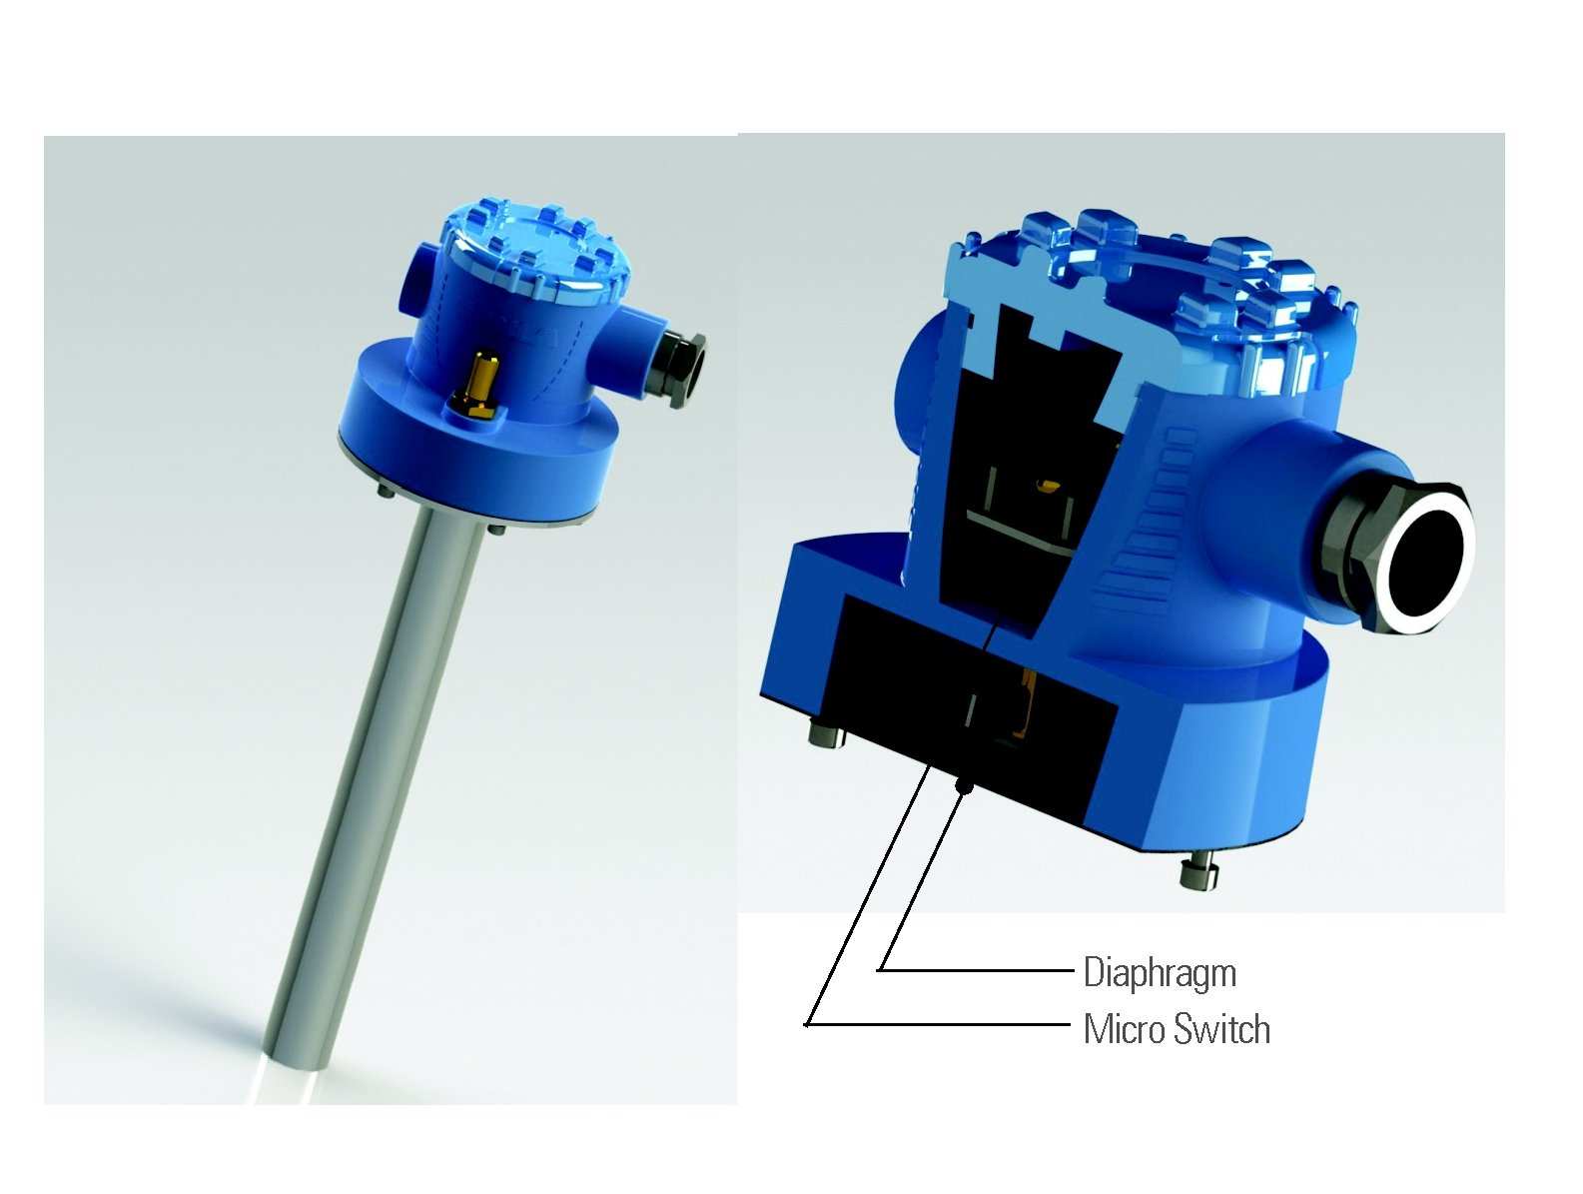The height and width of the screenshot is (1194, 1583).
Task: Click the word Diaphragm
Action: click(x=1160, y=972)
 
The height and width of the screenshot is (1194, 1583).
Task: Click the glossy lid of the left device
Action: click(x=539, y=250)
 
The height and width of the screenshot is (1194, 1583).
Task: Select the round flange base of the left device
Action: click(x=479, y=470)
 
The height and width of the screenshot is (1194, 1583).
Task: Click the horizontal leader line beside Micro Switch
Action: click(x=939, y=1024)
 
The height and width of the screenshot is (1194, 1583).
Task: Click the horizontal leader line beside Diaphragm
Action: click(x=974, y=969)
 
